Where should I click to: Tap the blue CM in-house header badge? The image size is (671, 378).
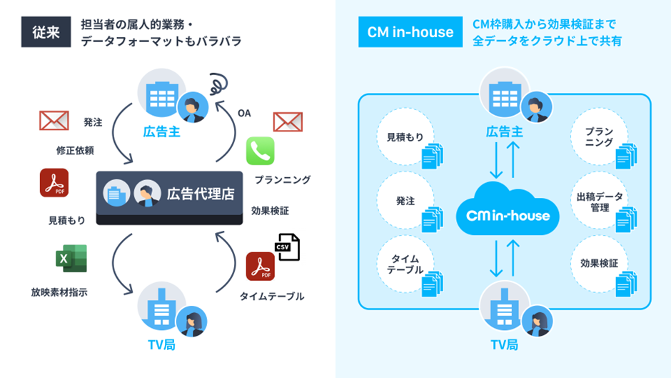[x=410, y=32]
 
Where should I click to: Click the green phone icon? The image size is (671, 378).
[x=260, y=151]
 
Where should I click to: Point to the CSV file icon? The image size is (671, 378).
[x=286, y=247]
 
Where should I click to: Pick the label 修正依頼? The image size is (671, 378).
[x=75, y=151]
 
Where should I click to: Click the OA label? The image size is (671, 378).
[x=244, y=113]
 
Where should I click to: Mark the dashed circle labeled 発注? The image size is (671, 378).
[x=404, y=202]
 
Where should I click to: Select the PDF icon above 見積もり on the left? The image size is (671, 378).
[x=54, y=183]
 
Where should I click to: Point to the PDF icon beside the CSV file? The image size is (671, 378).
[x=260, y=267]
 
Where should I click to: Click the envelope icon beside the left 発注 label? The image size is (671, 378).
[x=54, y=121]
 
